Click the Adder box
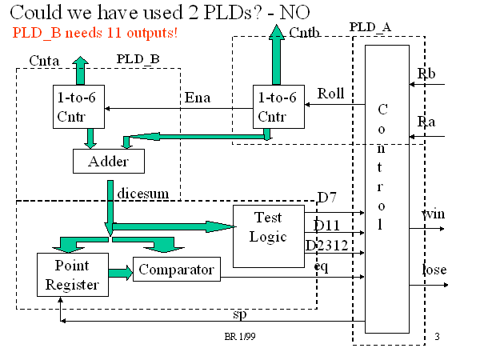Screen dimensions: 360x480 tap(112, 161)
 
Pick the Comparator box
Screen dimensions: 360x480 tap(177, 269)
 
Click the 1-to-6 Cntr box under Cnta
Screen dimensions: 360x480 tap(77, 108)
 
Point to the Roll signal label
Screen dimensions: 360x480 tap(330, 93)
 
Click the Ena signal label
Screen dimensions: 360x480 tap(197, 98)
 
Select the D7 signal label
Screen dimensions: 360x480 tap(326, 198)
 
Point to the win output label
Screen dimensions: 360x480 tap(434, 214)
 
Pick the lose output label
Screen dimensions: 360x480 tap(434, 270)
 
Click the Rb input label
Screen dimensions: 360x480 tap(426, 74)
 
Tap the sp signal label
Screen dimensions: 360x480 tap(238, 313)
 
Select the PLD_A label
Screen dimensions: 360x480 tap(370, 27)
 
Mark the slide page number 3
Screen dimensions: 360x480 tap(438, 336)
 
